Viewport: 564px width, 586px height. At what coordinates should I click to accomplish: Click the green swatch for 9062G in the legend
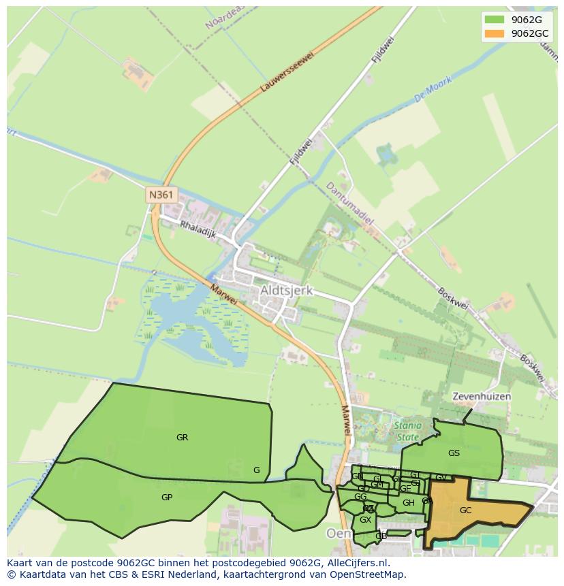495,20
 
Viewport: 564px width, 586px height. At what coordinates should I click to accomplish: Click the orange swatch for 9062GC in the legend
495,33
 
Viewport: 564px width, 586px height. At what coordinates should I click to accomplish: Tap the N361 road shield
161,195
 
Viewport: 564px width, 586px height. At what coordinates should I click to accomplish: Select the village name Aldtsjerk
286,291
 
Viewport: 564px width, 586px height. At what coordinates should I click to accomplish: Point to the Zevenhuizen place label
482,396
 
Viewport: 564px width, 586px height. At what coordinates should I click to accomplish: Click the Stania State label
407,431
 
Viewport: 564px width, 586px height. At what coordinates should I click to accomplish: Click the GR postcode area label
182,438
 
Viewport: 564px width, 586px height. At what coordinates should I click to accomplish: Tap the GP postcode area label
167,498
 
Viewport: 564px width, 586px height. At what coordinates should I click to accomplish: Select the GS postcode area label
454,453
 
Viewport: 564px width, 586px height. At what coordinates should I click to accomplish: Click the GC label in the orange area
465,510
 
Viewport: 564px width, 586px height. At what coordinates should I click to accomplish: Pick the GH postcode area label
408,503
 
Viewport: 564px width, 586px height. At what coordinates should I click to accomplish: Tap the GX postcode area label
365,520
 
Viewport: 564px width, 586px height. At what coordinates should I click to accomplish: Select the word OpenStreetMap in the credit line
370,574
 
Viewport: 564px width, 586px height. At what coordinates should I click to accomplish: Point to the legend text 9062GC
531,33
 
